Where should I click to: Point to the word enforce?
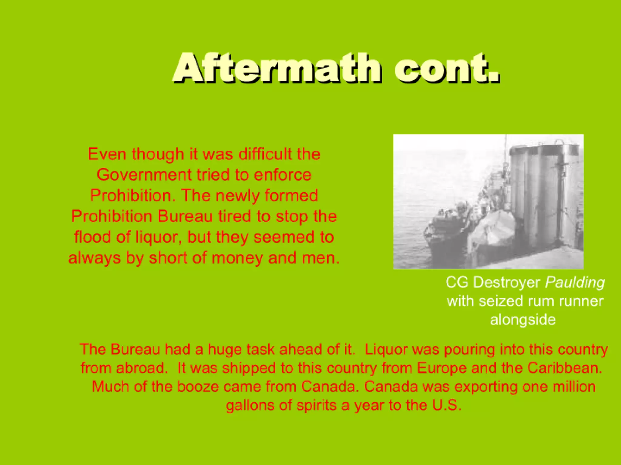(x=283, y=175)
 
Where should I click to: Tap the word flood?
(x=92, y=237)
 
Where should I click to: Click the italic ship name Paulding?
(x=575, y=282)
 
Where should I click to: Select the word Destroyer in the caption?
(x=506, y=282)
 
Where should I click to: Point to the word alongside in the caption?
(x=523, y=320)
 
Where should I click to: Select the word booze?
(x=198, y=387)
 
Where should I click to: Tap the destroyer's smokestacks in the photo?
(x=543, y=194)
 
